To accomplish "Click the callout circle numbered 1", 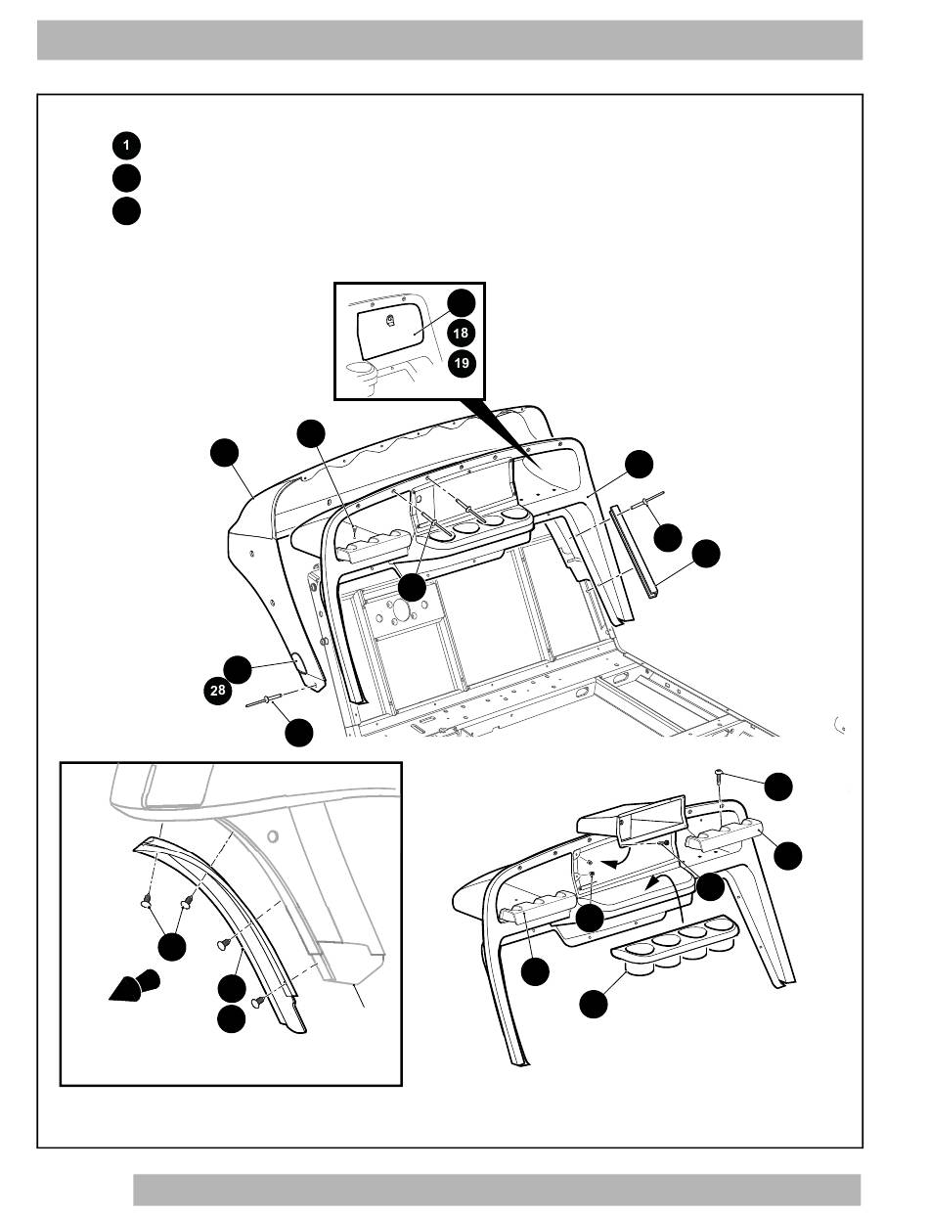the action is click(x=126, y=146).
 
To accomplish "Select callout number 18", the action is click(x=461, y=333).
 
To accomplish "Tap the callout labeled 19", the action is click(x=462, y=363).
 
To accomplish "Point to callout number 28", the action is click(x=217, y=690).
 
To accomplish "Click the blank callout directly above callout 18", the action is click(x=462, y=303).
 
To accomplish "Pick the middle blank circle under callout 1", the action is click(x=126, y=178).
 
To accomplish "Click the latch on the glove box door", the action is click(x=390, y=321).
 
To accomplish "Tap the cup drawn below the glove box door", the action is click(x=363, y=376).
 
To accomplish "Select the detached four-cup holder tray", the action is click(x=675, y=942).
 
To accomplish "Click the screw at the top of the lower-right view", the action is click(x=720, y=775).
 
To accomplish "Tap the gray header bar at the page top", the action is click(x=450, y=40).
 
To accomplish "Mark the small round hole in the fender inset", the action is click(x=273, y=836).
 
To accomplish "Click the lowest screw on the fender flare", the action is click(x=258, y=1003).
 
